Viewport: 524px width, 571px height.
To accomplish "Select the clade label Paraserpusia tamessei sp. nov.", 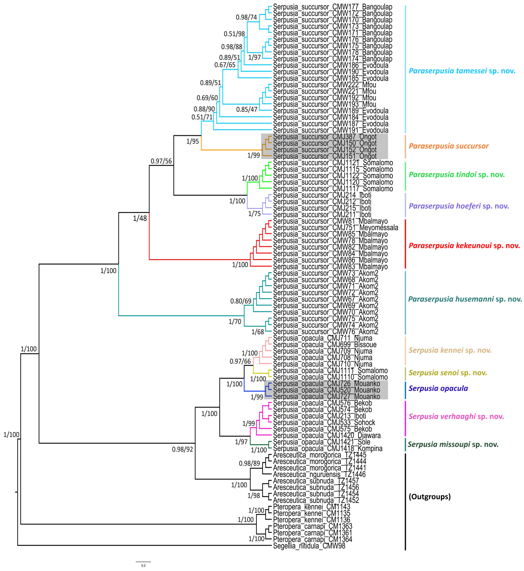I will [x=462, y=71].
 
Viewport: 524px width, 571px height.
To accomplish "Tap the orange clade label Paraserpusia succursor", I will [x=449, y=146].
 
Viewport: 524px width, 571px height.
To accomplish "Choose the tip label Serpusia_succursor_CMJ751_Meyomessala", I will [x=335, y=228].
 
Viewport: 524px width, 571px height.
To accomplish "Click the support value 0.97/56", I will [x=161, y=161].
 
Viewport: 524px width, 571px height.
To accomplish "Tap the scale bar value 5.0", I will [x=143, y=566].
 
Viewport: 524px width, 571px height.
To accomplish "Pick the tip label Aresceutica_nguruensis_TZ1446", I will [x=319, y=474].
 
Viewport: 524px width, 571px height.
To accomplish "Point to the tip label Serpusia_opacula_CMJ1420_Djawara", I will [x=327, y=435].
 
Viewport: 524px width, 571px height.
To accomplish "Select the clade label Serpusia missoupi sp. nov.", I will [x=453, y=444].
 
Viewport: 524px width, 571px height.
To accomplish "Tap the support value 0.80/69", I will [x=241, y=301].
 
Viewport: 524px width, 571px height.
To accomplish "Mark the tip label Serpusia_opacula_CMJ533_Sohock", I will [x=324, y=422].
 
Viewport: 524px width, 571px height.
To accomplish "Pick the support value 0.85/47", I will [x=247, y=109].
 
